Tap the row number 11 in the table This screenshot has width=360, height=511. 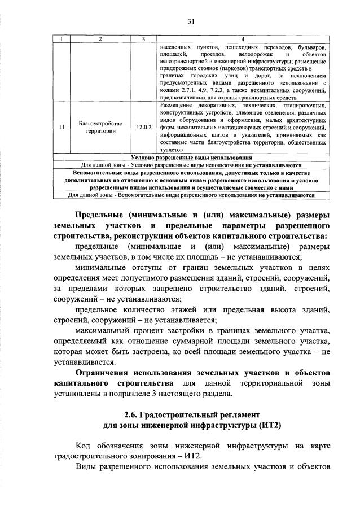(x=60, y=127)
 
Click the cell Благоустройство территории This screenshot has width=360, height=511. (x=99, y=127)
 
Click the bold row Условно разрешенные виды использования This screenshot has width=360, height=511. (x=191, y=158)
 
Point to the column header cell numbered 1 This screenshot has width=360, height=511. (x=60, y=39)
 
